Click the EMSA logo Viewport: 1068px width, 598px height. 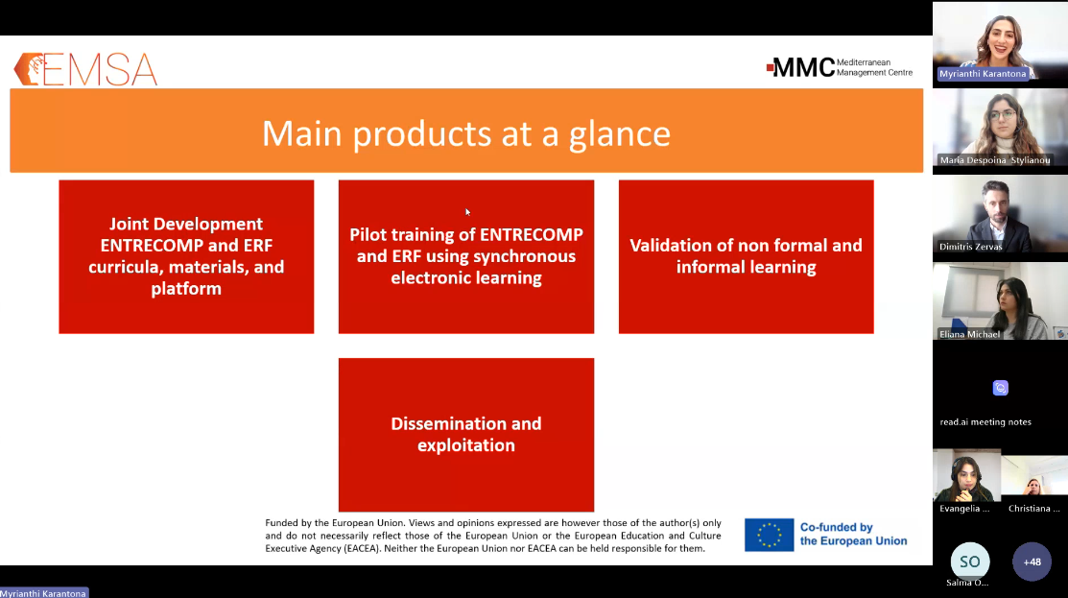(85, 69)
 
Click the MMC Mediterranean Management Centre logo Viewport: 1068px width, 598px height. (839, 67)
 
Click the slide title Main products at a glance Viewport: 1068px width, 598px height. (466, 132)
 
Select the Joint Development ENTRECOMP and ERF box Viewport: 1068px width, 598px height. (186, 257)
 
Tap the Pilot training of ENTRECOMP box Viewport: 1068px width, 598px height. (466, 257)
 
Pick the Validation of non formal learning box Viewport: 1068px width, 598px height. (746, 257)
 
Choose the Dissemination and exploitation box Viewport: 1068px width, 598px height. (466, 435)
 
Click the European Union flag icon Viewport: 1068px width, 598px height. (769, 535)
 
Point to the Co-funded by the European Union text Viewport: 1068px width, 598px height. (853, 534)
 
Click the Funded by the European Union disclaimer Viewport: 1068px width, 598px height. (493, 536)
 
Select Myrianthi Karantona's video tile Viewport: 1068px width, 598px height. (1000, 43)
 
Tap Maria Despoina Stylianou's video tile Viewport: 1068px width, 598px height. (1000, 131)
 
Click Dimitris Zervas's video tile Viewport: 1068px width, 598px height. (1000, 217)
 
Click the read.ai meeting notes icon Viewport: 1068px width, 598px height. (1001, 388)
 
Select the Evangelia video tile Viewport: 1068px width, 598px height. (966, 482)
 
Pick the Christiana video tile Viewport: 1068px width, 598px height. (1034, 482)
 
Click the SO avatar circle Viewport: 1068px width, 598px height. (970, 562)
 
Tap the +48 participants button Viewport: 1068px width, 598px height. (1032, 562)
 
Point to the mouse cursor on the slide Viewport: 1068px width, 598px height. (467, 212)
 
